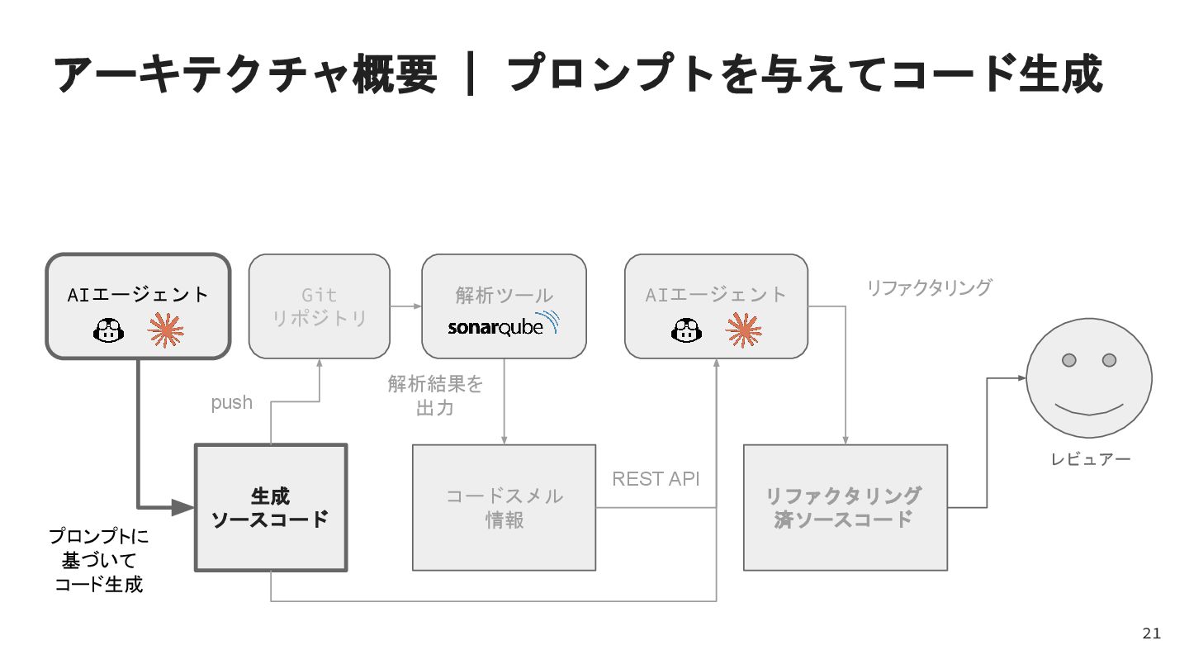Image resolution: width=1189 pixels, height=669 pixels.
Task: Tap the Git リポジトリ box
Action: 319,306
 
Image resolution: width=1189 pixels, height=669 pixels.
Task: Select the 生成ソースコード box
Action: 271,507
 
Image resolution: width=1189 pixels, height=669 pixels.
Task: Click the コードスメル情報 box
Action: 504,507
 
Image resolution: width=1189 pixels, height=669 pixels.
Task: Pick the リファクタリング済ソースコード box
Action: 845,507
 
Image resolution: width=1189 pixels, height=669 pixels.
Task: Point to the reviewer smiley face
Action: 1088,377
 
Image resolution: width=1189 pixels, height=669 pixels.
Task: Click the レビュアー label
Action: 1090,459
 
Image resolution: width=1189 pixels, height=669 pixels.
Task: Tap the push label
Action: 232,403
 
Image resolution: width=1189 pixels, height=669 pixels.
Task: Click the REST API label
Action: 656,479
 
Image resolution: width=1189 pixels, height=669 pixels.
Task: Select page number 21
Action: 1151,633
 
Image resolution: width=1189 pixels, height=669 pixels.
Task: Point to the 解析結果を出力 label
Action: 435,396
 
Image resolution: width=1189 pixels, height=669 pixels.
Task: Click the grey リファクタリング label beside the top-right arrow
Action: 928,287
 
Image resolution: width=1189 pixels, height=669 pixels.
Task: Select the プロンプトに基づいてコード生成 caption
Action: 99,561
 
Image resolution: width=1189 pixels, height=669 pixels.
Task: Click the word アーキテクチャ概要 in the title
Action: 245,74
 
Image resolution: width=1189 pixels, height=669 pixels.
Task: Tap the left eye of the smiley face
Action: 1068,360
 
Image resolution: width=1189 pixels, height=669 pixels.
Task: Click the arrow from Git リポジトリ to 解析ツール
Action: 405,306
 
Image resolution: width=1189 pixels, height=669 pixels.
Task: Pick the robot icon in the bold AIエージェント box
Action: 108,331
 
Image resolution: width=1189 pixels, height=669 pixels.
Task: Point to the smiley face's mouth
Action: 1089,409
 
